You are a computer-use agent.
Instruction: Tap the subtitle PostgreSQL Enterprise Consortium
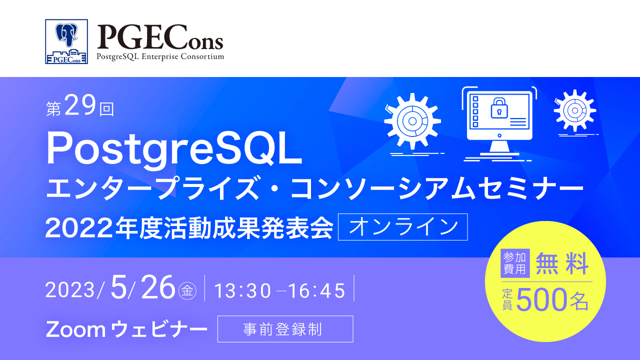coord(160,56)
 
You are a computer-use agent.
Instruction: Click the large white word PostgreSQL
coord(174,150)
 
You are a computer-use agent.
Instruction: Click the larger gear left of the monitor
coord(412,120)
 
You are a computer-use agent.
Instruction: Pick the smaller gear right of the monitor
coord(574,110)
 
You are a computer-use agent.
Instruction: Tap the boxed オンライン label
coord(403,227)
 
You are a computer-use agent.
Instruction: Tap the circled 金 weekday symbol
coord(186,290)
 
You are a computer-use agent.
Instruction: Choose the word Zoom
coord(74,329)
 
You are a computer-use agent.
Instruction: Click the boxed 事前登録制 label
coord(285,329)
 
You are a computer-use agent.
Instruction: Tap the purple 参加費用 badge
coord(515,263)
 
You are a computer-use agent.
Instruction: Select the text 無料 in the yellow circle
coord(562,263)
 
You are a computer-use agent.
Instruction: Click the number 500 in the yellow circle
coord(541,300)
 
